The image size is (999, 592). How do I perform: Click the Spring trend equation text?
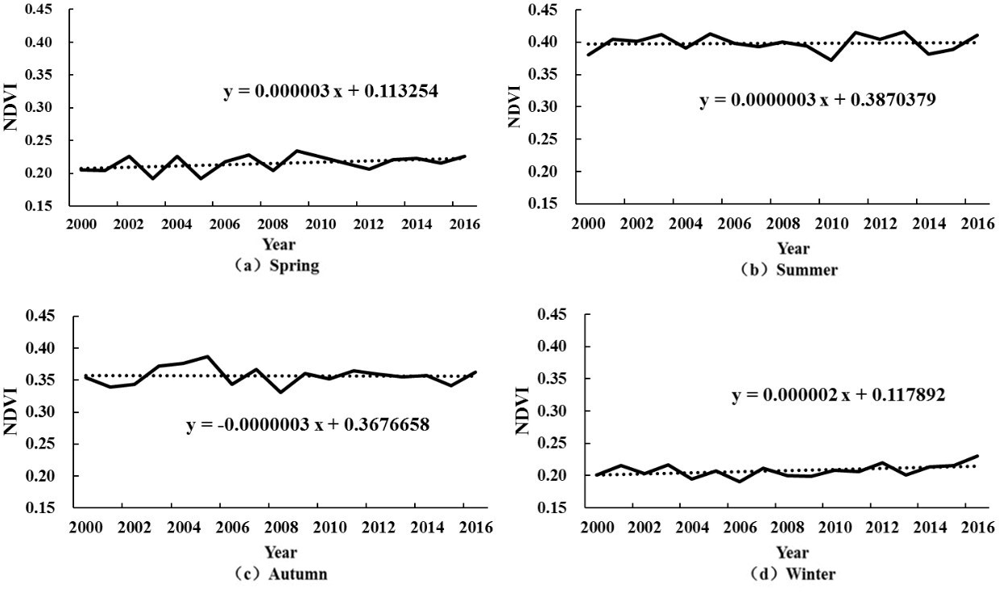click(x=330, y=91)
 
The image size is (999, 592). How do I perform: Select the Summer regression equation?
click(x=817, y=101)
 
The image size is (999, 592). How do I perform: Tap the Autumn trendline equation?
click(x=308, y=424)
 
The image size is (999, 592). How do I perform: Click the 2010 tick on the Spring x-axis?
click(x=320, y=223)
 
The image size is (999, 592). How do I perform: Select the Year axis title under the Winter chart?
click(x=792, y=553)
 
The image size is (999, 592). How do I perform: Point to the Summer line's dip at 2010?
click(x=831, y=60)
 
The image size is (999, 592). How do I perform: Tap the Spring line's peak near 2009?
click(x=297, y=151)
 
